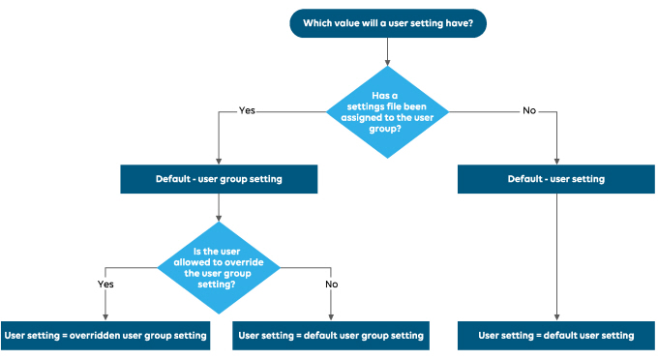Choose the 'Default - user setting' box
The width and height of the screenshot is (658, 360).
coord(555,179)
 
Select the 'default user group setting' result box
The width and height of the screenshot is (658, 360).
coord(331,335)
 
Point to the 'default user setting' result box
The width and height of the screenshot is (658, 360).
coord(555,335)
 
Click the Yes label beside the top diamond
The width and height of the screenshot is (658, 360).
coord(247,110)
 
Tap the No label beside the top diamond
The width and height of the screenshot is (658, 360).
coord(528,110)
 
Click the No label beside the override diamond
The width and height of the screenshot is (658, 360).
coord(332,285)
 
